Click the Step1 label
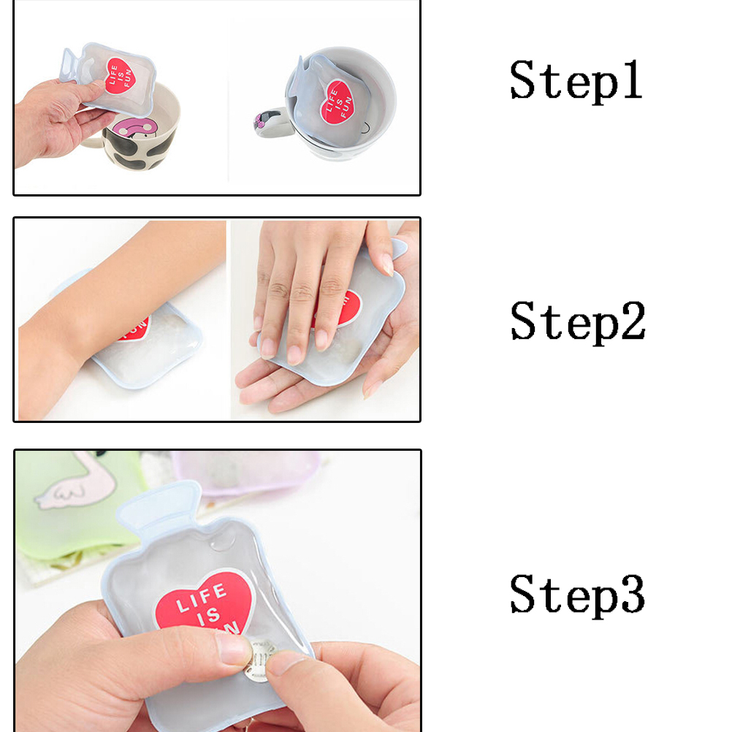pyautogui.click(x=576, y=81)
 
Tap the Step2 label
pyautogui.click(x=578, y=321)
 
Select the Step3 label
pyautogui.click(x=577, y=595)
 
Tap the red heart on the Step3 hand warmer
pyautogui.click(x=205, y=602)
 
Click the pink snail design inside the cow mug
pyautogui.click(x=135, y=129)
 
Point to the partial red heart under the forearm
pyautogui.click(x=135, y=329)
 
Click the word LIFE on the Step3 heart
pyautogui.click(x=202, y=598)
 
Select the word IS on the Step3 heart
pyautogui.click(x=209, y=617)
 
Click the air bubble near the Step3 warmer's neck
pyautogui.click(x=222, y=543)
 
